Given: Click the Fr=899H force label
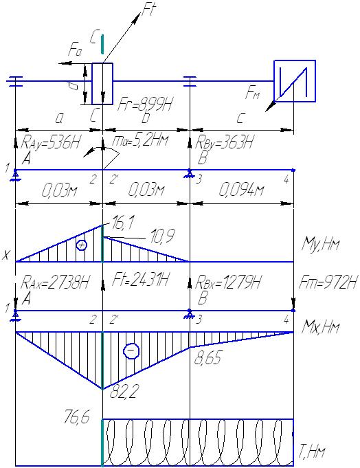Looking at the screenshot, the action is (x=146, y=104).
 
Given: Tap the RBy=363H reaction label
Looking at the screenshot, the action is (x=224, y=142).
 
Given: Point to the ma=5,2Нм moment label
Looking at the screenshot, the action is (x=140, y=140).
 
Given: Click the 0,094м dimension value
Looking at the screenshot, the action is (x=242, y=190).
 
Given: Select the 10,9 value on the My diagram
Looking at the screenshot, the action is (x=161, y=236).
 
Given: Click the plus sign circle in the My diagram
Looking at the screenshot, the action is (x=82, y=245).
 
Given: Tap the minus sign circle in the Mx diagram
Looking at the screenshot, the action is (x=131, y=350).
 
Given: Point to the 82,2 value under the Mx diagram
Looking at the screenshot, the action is (x=124, y=392).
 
